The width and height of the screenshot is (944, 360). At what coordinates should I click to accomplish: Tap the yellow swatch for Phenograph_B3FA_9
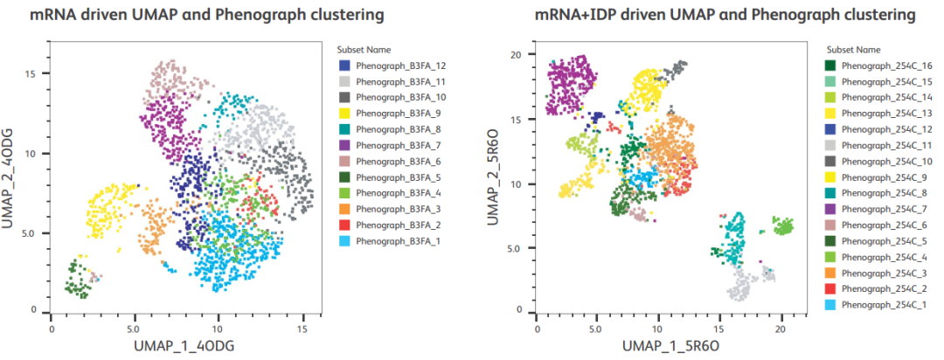point(344,113)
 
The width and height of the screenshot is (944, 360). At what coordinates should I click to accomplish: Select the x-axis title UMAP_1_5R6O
point(666,347)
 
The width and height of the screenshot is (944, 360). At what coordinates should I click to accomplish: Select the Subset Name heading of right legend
point(852,50)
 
